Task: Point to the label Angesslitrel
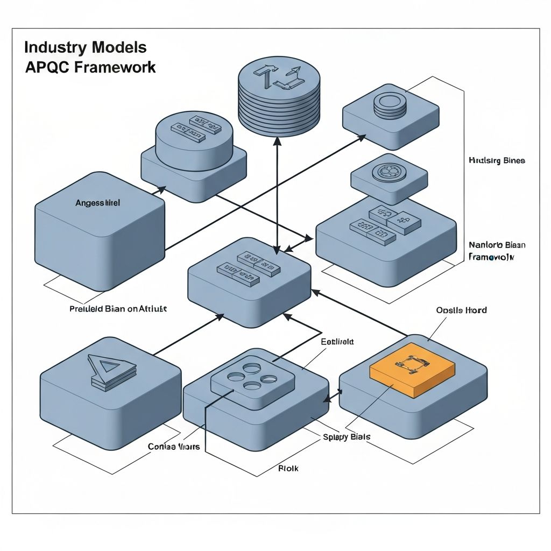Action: [x=97, y=203]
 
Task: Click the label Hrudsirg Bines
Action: [x=496, y=160]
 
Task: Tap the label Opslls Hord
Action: [x=461, y=310]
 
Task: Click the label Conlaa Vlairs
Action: [x=173, y=447]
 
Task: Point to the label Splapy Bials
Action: [x=347, y=437]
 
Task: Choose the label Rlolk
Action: [x=288, y=468]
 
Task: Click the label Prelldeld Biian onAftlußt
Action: [x=118, y=309]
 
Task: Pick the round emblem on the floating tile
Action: [x=388, y=172]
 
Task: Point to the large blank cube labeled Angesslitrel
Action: [x=100, y=231]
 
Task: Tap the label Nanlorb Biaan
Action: [x=497, y=245]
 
